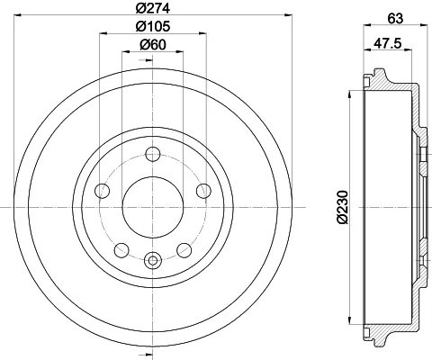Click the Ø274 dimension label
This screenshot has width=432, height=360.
coord(153,8)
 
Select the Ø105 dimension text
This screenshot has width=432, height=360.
coord(153,26)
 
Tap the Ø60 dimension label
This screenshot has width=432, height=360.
coord(153,45)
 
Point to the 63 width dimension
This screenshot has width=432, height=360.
coord(395,19)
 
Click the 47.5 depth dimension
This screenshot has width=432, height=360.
coord(387,44)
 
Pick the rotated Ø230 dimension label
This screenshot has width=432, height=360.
coord(343,207)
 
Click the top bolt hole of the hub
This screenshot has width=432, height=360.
coord(153,154)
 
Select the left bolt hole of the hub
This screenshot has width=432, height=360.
coord(102,191)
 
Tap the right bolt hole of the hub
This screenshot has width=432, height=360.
coord(203,191)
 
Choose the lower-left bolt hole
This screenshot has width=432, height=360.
coord(121,250)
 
